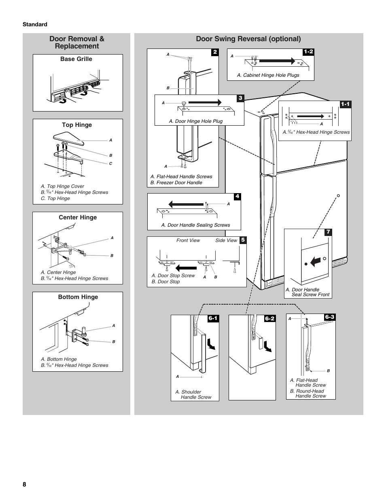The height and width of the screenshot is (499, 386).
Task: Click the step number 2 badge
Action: click(x=215, y=52)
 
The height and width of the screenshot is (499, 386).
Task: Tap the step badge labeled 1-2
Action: click(x=308, y=52)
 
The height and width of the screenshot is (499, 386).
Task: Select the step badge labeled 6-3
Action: click(x=330, y=317)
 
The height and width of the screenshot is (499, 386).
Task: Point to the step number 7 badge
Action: click(x=328, y=232)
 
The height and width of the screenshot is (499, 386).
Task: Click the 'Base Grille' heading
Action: click(x=76, y=59)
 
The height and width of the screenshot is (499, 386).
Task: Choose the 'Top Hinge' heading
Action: click(x=77, y=125)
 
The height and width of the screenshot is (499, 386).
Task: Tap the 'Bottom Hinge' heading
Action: click(x=78, y=297)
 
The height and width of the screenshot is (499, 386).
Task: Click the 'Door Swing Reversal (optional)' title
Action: click(x=248, y=39)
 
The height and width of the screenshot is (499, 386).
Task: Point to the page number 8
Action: click(x=25, y=484)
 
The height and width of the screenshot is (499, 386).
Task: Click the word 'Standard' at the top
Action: click(x=35, y=24)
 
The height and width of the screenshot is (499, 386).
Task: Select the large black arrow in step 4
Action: click(x=186, y=204)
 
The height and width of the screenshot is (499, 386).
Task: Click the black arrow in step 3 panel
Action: click(x=205, y=102)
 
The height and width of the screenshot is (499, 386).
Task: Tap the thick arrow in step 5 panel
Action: click(x=186, y=267)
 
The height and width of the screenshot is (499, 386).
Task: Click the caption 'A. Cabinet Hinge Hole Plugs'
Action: click(x=268, y=75)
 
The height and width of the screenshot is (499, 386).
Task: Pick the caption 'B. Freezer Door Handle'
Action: click(x=176, y=183)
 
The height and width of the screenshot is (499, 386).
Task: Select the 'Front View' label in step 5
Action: click(x=188, y=240)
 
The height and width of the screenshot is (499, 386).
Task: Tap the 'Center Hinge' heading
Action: click(x=78, y=217)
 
